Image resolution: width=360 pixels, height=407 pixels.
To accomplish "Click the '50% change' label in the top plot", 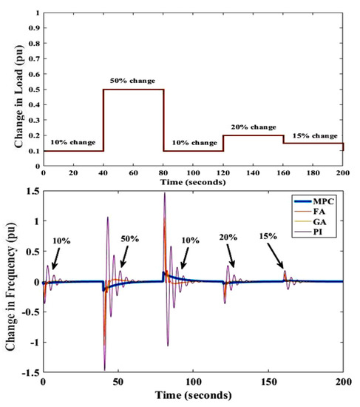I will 134,78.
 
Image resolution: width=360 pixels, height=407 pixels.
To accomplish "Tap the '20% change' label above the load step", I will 253,127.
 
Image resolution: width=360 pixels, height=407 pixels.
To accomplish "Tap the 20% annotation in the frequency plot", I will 228,238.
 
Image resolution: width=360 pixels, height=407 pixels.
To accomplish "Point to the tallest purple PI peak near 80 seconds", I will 165,193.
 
